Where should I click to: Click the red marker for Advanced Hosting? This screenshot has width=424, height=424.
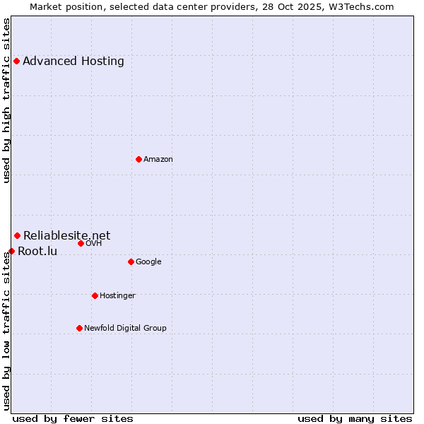(16, 61)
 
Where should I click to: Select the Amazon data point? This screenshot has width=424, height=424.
(139, 159)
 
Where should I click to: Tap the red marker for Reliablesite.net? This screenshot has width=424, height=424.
(17, 235)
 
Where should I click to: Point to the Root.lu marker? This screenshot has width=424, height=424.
(11, 251)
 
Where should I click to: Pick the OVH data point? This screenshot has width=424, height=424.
(81, 243)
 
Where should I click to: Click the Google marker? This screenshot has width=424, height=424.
(131, 261)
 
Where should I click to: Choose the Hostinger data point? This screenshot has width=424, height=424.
(95, 295)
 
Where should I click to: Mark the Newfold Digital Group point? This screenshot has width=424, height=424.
(79, 328)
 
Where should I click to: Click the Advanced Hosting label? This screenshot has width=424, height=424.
(73, 61)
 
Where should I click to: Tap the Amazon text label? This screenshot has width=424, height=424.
(158, 159)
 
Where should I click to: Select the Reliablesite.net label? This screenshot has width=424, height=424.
(67, 235)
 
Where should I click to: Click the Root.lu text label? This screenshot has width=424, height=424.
(37, 251)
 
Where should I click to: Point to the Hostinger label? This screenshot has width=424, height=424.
(117, 295)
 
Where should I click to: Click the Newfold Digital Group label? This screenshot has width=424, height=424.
(125, 328)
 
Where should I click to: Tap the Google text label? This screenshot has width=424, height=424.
(148, 261)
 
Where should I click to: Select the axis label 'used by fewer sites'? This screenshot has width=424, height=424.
(73, 418)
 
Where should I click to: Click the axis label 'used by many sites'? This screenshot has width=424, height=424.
(355, 418)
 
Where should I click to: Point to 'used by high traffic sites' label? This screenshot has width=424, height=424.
(6, 100)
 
